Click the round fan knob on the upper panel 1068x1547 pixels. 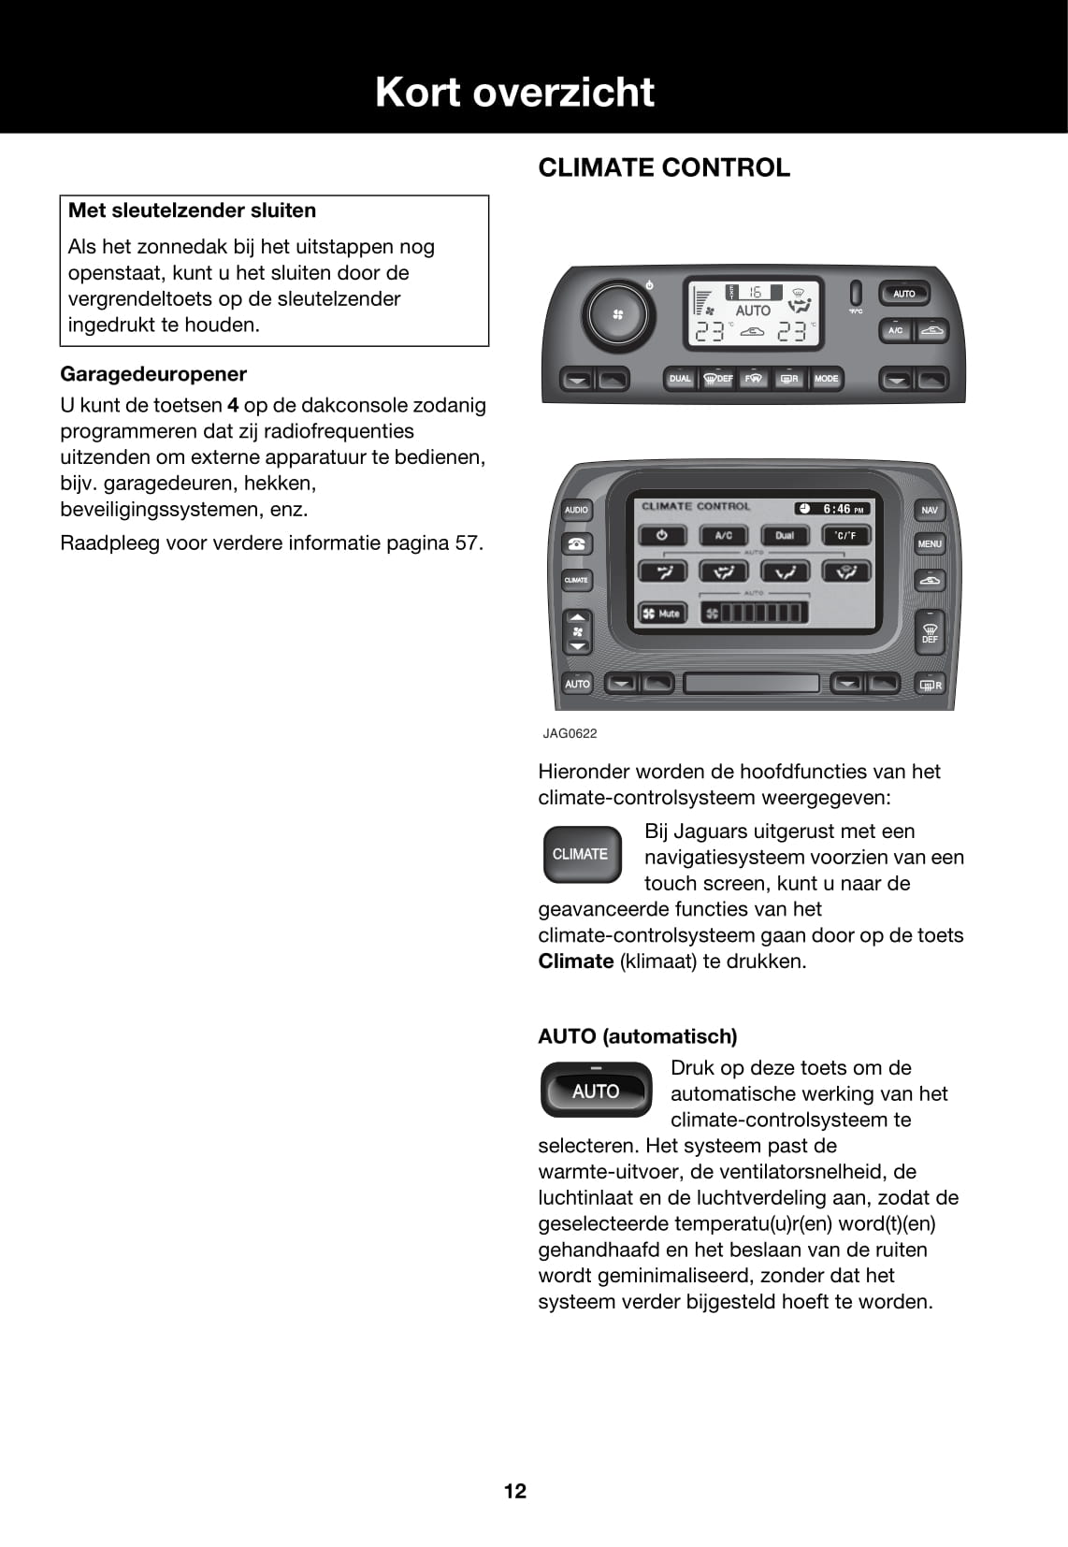click(x=617, y=314)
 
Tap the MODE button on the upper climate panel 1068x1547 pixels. click(x=826, y=379)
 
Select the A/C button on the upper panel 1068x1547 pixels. click(x=895, y=330)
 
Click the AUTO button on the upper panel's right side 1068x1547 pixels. click(x=903, y=294)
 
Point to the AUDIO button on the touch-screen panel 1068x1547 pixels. click(x=576, y=510)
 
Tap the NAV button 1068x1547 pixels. click(x=929, y=510)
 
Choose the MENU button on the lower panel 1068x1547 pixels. click(x=930, y=543)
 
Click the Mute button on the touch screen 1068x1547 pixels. click(x=662, y=614)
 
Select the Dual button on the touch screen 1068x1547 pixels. click(x=784, y=536)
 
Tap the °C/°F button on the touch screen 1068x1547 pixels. click(x=845, y=536)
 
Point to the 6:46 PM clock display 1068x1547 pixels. click(x=833, y=509)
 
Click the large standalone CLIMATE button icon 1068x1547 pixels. click(x=581, y=854)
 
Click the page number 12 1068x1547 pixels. click(x=515, y=1491)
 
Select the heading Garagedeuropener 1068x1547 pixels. click(x=153, y=374)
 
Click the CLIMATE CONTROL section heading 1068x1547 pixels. click(x=664, y=168)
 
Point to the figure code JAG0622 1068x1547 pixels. click(x=570, y=733)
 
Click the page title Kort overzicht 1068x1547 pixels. click(x=514, y=93)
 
